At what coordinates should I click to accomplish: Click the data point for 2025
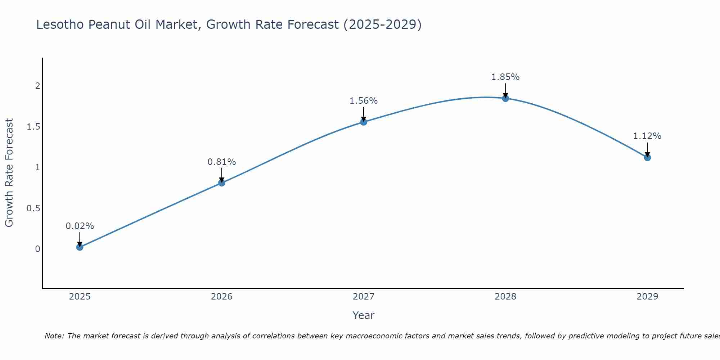click(80, 247)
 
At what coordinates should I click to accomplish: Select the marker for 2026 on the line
click(221, 183)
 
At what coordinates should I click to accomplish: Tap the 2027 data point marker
click(364, 122)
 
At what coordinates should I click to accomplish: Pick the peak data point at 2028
click(505, 98)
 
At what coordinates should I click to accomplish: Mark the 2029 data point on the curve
click(647, 157)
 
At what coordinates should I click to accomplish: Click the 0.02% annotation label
click(80, 226)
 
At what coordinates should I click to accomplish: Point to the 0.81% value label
click(221, 162)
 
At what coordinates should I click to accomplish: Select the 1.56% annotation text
click(364, 101)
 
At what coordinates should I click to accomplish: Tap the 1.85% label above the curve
click(505, 77)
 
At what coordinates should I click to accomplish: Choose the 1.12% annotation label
click(647, 136)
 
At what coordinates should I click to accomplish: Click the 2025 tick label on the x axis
click(80, 297)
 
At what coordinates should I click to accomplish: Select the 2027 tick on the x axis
click(364, 297)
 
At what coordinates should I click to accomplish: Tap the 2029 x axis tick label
click(647, 297)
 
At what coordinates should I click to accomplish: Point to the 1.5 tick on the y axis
click(33, 127)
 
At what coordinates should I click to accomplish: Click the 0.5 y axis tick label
click(33, 208)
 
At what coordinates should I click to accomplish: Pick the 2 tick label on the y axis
click(37, 86)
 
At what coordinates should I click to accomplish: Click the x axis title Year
click(364, 315)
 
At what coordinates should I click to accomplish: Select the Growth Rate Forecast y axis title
click(9, 173)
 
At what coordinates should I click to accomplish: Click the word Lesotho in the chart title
click(60, 24)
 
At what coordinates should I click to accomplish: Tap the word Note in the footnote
click(54, 336)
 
